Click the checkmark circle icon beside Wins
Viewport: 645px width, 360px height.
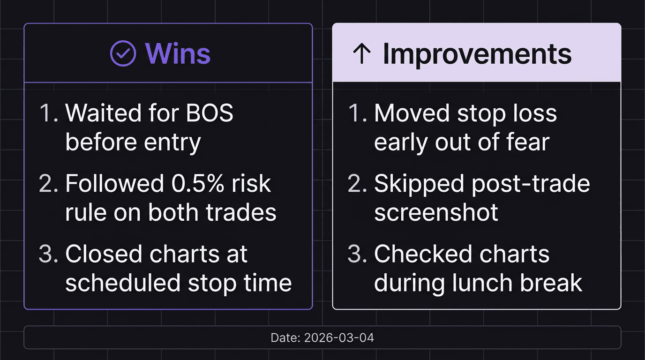click(x=123, y=53)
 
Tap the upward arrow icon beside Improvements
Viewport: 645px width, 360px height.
click(x=361, y=54)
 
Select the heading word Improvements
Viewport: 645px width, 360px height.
click(x=477, y=54)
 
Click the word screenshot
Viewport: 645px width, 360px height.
click(x=436, y=213)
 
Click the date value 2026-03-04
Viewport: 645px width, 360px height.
click(x=339, y=337)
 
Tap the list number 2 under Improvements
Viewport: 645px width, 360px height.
click(x=356, y=184)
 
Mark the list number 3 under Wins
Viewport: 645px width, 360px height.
click(x=47, y=254)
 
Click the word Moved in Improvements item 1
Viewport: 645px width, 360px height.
click(x=409, y=113)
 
